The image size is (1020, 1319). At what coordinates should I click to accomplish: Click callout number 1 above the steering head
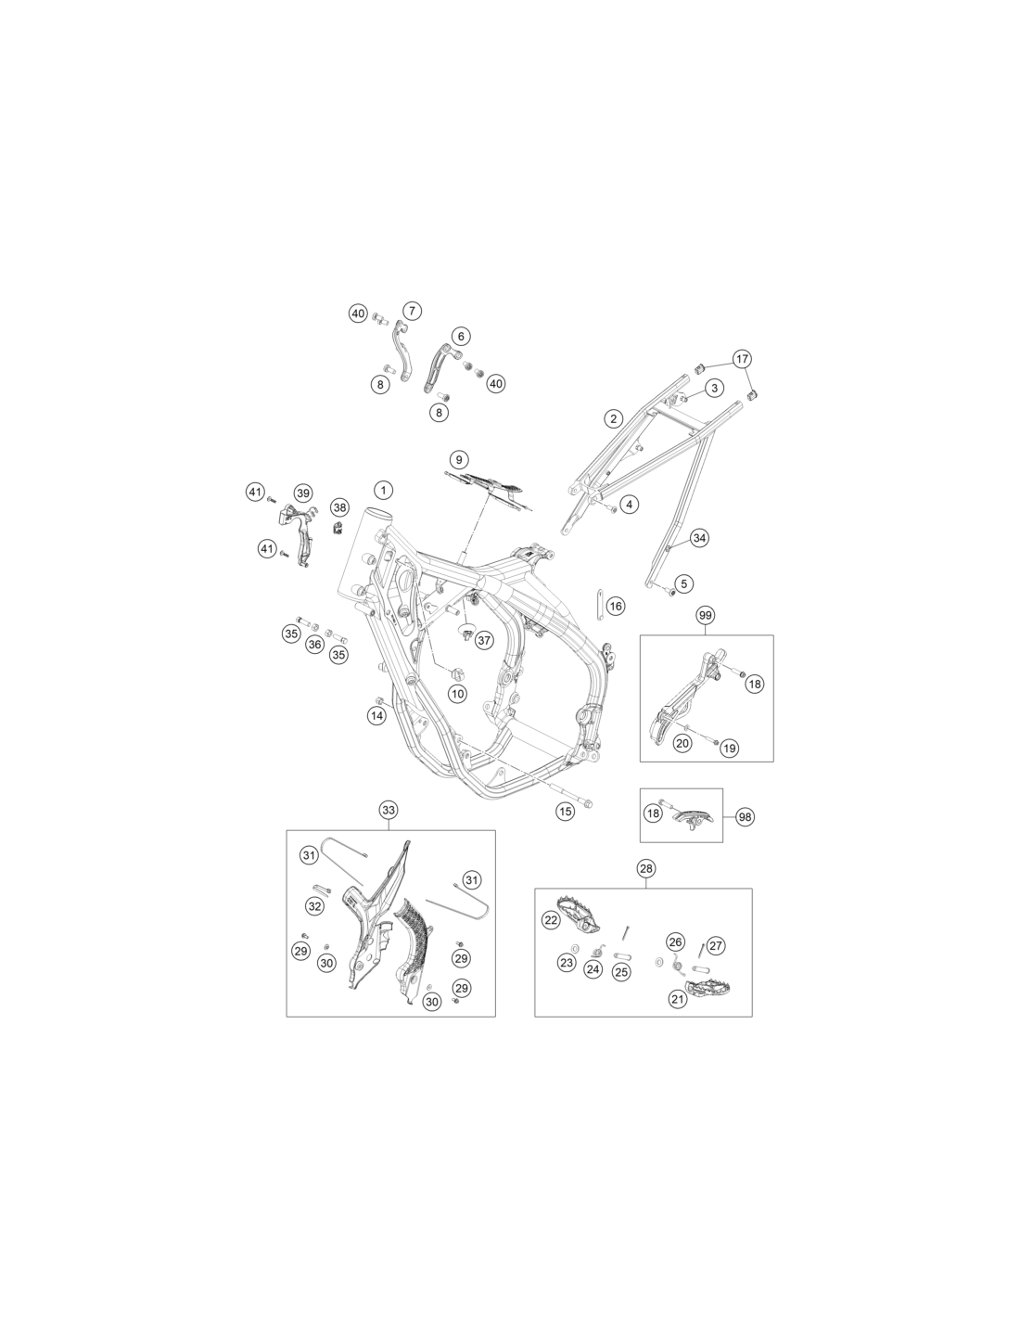point(383,490)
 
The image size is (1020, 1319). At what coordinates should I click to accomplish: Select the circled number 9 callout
point(459,459)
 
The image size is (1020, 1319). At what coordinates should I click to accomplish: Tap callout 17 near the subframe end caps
point(742,359)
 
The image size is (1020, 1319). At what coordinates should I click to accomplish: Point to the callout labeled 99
point(705,616)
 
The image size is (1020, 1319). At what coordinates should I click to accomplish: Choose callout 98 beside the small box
point(746,817)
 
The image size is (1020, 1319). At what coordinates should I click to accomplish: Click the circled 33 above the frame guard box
point(389,810)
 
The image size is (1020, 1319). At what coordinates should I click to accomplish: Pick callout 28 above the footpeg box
point(646,868)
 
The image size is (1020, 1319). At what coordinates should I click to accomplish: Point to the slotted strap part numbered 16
point(598,605)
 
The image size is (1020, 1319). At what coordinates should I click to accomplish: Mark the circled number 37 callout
point(484,640)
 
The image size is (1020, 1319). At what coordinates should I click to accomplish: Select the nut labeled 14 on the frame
point(380,699)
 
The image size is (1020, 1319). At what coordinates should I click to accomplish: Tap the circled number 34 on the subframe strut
point(699,538)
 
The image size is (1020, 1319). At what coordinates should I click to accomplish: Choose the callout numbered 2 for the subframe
point(614,418)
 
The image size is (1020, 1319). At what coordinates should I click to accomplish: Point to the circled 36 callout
point(314,645)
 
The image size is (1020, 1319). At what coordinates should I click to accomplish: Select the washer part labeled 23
point(575,948)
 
